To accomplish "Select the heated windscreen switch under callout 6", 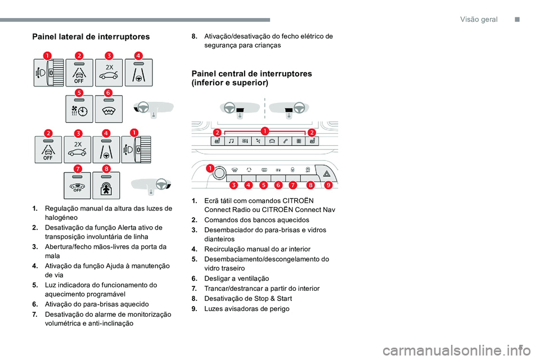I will point(109,109).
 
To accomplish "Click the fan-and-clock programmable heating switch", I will point(79,109).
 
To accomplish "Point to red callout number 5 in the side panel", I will point(79,92).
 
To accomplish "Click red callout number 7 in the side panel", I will point(78,169).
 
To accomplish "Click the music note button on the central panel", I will point(231,141).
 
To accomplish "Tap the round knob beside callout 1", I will point(219,172).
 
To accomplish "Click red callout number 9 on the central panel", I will point(327,184).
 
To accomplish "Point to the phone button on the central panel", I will point(286,141).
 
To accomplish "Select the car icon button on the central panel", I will point(272,141).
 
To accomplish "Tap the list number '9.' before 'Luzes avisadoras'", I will point(193,309).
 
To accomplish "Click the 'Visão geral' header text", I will point(479,19).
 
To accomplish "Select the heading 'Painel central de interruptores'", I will point(251,74).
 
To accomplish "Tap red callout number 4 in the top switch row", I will point(138,55).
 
